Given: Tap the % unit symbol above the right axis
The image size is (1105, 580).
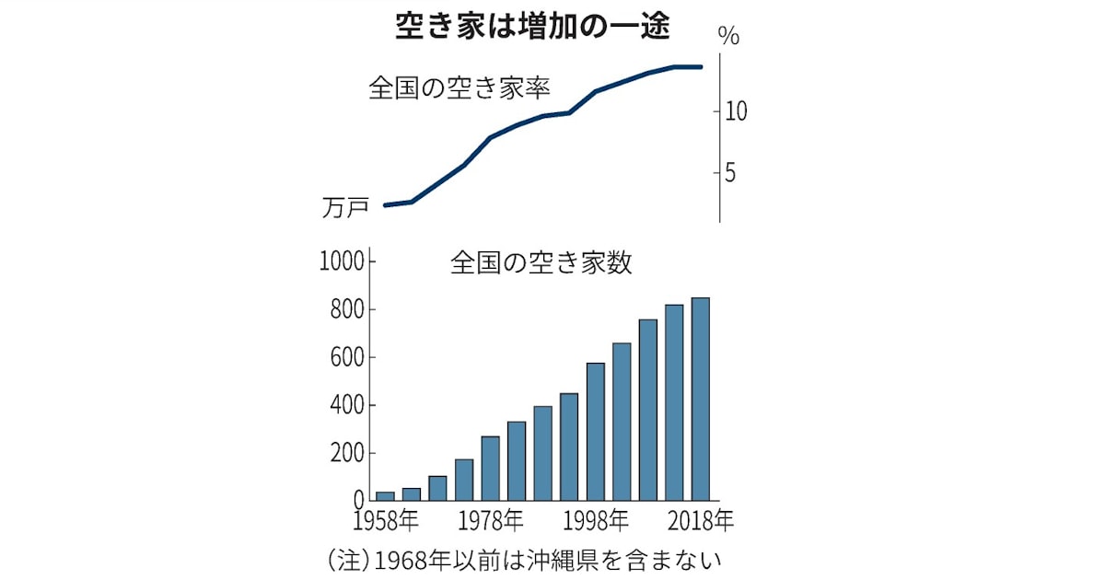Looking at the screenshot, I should [x=728, y=38].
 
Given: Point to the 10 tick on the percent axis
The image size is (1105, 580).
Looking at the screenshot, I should [x=735, y=112].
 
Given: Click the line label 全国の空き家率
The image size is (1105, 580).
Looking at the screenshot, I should [x=459, y=88].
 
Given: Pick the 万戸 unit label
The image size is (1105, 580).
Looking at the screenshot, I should [x=345, y=209].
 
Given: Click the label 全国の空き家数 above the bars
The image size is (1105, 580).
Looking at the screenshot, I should [x=541, y=263].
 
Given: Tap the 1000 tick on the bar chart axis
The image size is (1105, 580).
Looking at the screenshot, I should [x=341, y=262].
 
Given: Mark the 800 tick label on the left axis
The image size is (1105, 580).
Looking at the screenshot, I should [x=346, y=310].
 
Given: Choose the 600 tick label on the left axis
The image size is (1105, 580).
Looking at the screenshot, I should [x=346, y=358].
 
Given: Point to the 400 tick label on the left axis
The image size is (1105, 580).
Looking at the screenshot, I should [x=346, y=406].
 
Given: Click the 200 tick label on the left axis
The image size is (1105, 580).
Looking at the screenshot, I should [x=346, y=454].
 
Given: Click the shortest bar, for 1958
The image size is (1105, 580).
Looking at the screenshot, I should [x=385, y=496].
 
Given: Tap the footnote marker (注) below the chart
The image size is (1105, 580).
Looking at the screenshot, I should [x=346, y=559].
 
